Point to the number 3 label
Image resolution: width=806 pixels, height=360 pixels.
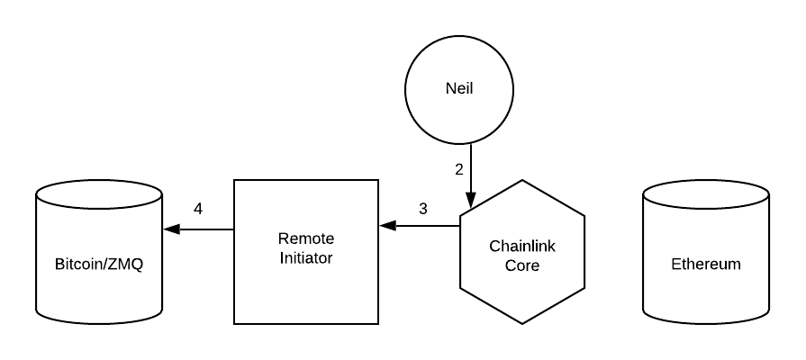click(423, 209)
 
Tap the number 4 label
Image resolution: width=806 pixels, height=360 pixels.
click(198, 209)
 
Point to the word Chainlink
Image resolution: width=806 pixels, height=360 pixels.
click(522, 246)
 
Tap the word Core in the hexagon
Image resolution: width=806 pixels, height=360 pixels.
click(522, 265)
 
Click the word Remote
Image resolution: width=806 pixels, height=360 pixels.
click(306, 239)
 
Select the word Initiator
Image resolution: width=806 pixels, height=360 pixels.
click(306, 258)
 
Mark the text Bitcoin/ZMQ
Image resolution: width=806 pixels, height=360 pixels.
click(99, 265)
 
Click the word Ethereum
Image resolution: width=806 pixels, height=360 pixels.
click(706, 265)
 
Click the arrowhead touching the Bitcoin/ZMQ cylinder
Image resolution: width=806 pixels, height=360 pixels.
click(171, 229)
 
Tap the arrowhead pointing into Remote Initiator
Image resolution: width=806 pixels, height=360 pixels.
click(385, 226)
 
